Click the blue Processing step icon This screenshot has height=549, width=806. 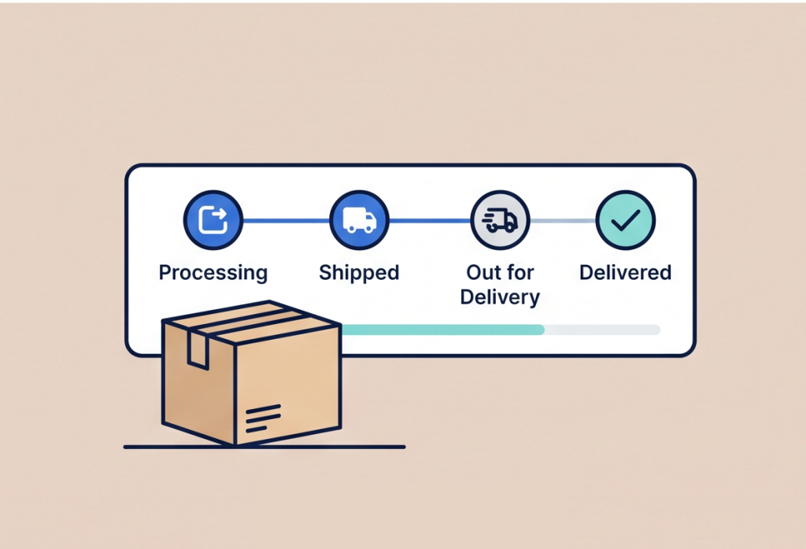pyautogui.click(x=213, y=219)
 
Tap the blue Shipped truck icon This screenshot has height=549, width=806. pyautogui.click(x=359, y=219)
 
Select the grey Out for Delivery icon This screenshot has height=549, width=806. pyautogui.click(x=500, y=219)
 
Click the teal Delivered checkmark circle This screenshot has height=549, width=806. pyautogui.click(x=626, y=219)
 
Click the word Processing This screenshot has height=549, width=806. pyautogui.click(x=213, y=273)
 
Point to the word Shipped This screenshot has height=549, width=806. pyautogui.click(x=359, y=273)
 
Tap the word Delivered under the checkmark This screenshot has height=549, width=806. pyautogui.click(x=626, y=272)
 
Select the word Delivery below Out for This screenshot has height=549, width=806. pyautogui.click(x=500, y=297)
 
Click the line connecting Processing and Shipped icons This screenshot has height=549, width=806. pyautogui.click(x=286, y=221)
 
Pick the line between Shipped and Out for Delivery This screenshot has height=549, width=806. pyautogui.click(x=430, y=221)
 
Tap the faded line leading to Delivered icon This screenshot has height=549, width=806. pyautogui.click(x=563, y=221)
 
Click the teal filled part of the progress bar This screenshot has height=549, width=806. pyautogui.click(x=442, y=330)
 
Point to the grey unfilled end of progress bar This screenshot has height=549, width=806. pyautogui.click(x=602, y=330)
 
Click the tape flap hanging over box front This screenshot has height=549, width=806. pyautogui.click(x=198, y=350)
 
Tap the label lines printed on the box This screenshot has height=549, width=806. pyautogui.click(x=263, y=418)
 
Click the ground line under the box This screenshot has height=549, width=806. pyautogui.click(x=264, y=447)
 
